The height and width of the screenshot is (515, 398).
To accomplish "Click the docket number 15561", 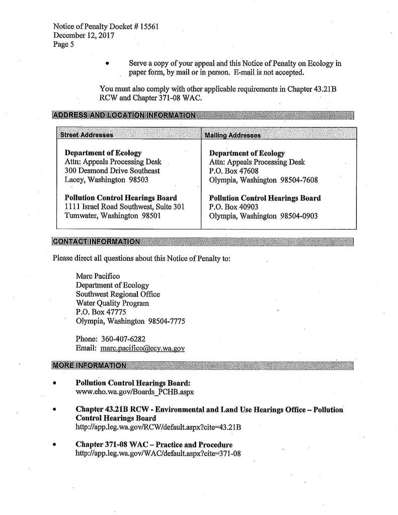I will [x=149, y=27].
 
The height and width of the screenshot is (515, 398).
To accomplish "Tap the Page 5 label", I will [x=63, y=44].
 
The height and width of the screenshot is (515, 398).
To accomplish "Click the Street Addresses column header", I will [x=86, y=135].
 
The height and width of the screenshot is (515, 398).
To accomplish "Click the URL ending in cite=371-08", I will [x=158, y=454].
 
